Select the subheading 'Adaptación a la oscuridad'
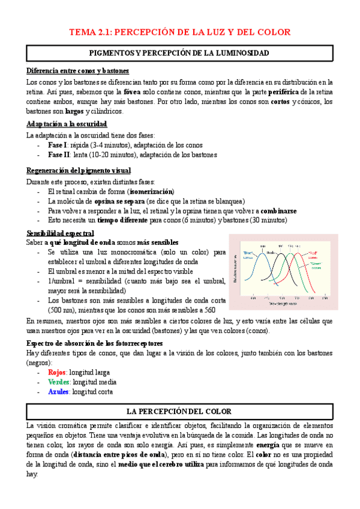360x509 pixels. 67,124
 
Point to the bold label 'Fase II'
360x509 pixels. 59,155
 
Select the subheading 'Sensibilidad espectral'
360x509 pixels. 60,233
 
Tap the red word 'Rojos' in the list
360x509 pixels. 58,373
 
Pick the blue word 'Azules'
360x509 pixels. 59,392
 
